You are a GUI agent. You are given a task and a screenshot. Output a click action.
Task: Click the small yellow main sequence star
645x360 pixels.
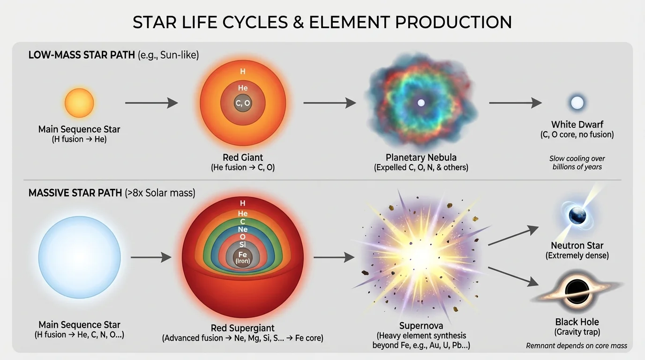[x=79, y=103]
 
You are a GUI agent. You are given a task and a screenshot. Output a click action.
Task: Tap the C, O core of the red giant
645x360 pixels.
[x=243, y=104]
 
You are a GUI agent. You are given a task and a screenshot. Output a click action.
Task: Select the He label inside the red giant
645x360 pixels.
[x=243, y=88]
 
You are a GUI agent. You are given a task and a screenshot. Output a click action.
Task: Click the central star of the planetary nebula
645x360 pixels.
[x=421, y=103]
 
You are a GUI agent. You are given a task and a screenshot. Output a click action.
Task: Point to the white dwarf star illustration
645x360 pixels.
[x=577, y=103]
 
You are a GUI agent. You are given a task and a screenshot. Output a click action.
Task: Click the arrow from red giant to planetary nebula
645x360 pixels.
[x=330, y=103]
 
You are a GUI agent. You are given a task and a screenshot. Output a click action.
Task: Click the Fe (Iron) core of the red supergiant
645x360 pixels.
[x=243, y=257]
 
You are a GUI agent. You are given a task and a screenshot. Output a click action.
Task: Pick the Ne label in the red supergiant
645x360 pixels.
[x=243, y=229]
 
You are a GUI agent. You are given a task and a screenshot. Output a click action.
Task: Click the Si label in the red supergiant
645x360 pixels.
[x=243, y=245]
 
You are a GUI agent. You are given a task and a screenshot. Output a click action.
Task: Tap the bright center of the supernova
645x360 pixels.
[x=423, y=253]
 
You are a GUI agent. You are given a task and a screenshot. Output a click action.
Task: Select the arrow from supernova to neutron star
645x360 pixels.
[x=513, y=236]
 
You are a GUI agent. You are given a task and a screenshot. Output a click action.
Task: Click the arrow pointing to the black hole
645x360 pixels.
[x=513, y=276]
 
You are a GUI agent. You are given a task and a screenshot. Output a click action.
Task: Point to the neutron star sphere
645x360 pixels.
[x=577, y=216]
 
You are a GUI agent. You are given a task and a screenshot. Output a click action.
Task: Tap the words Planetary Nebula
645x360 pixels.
[x=421, y=157]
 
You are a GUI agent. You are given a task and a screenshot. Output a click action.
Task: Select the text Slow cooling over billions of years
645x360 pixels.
[x=577, y=163]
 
